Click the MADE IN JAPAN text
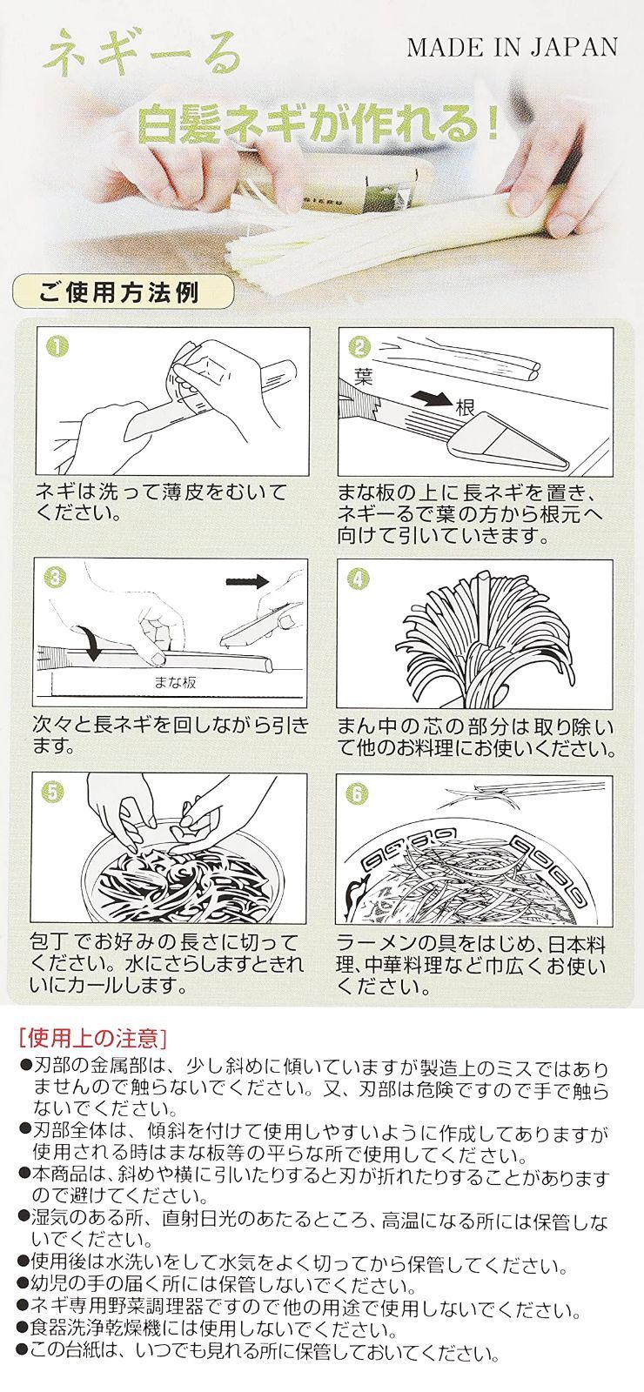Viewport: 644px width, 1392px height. [x=513, y=47]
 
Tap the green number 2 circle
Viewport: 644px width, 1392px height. [x=359, y=347]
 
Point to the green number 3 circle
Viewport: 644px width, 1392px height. [x=55, y=578]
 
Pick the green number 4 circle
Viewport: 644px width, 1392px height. [x=358, y=579]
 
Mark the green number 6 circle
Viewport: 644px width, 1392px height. [x=359, y=793]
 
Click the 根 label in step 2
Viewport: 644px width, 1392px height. [x=466, y=407]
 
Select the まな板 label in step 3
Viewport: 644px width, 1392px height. [x=175, y=682]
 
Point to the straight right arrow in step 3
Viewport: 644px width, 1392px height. [x=247, y=581]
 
